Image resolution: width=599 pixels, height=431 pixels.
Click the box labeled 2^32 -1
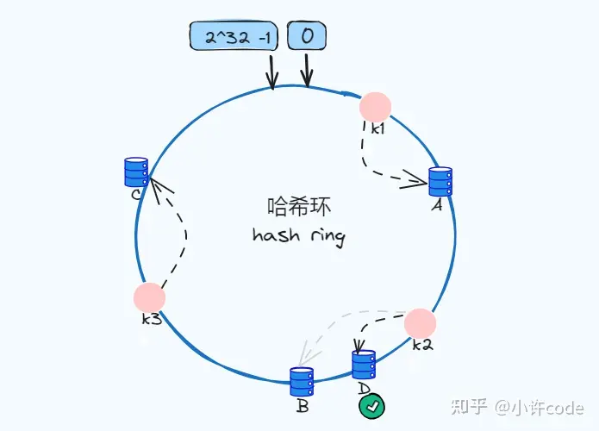click(x=235, y=37)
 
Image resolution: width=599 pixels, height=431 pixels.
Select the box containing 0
click(x=307, y=37)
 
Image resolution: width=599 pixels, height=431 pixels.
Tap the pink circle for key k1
click(x=375, y=106)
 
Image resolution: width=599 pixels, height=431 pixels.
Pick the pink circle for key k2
click(x=420, y=323)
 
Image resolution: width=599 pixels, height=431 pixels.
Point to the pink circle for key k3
click(x=149, y=297)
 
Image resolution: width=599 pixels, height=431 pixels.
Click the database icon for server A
click(x=440, y=182)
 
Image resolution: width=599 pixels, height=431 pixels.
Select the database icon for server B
click(x=301, y=382)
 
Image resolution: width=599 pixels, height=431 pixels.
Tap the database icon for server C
click(x=136, y=172)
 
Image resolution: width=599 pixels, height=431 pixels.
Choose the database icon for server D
click(x=364, y=365)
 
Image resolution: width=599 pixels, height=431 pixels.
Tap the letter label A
click(x=436, y=207)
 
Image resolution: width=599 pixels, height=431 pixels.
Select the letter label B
click(x=303, y=406)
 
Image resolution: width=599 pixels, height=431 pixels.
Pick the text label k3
click(x=152, y=320)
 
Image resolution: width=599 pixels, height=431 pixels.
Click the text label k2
click(x=421, y=346)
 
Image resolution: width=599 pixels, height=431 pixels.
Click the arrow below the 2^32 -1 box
click(x=272, y=72)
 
